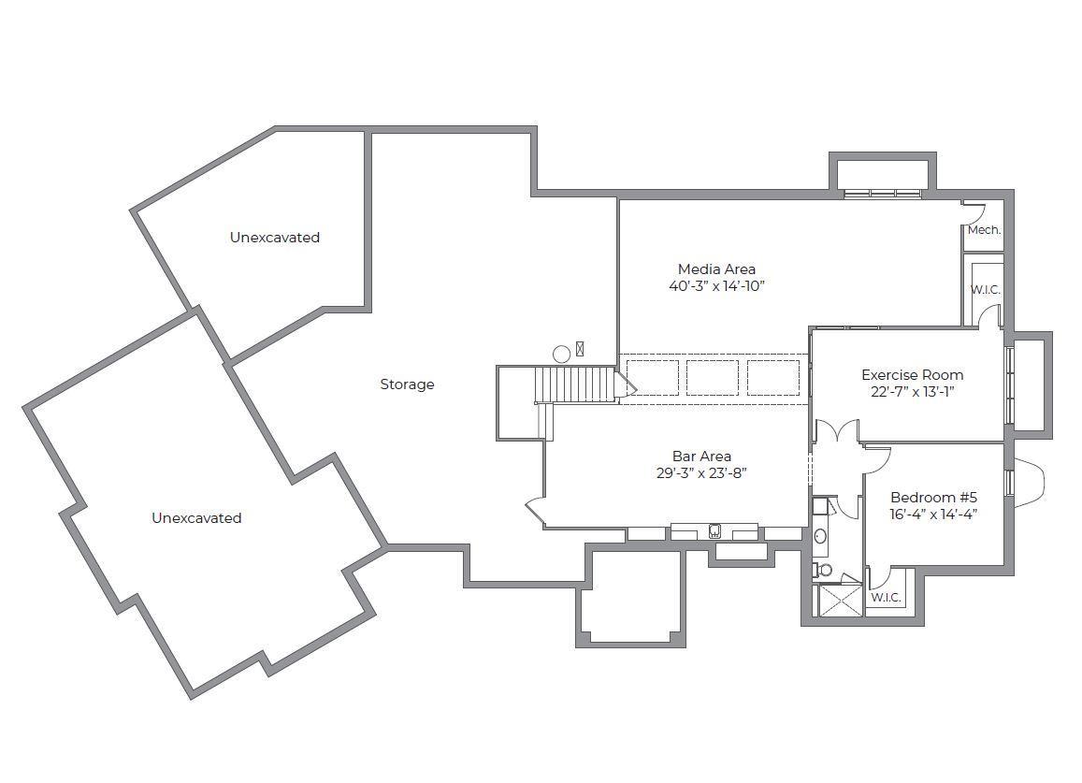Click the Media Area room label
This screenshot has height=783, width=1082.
pyautogui.click(x=716, y=269)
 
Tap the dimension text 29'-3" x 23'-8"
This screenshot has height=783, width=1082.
pyautogui.click(x=701, y=473)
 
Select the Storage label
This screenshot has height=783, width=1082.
pyautogui.click(x=407, y=384)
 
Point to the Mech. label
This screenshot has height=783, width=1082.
pyautogui.click(x=984, y=230)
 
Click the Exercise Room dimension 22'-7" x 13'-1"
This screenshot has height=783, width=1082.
pyautogui.click(x=912, y=391)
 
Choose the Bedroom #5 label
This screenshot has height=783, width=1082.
pyautogui.click(x=933, y=497)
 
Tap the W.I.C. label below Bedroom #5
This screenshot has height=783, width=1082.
pyautogui.click(x=886, y=597)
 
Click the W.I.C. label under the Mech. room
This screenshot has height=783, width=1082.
pyautogui.click(x=986, y=290)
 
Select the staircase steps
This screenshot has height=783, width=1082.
pyautogui.click(x=575, y=384)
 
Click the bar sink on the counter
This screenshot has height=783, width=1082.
pyautogui.click(x=715, y=531)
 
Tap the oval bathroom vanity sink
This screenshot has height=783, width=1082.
pyautogui.click(x=820, y=536)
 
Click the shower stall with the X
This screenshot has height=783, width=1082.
pyautogui.click(x=839, y=600)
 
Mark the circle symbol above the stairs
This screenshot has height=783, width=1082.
pyautogui.click(x=562, y=355)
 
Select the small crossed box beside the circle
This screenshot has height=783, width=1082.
pyautogui.click(x=580, y=349)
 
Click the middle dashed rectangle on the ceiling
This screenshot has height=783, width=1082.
pyautogui.click(x=712, y=378)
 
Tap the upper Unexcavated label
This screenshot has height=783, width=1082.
pyautogui.click(x=275, y=238)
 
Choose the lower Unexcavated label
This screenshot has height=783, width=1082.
pyautogui.click(x=196, y=518)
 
